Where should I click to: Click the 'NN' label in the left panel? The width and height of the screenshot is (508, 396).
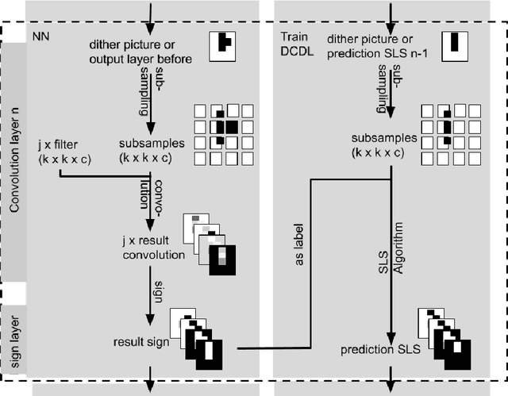point(42,37)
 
